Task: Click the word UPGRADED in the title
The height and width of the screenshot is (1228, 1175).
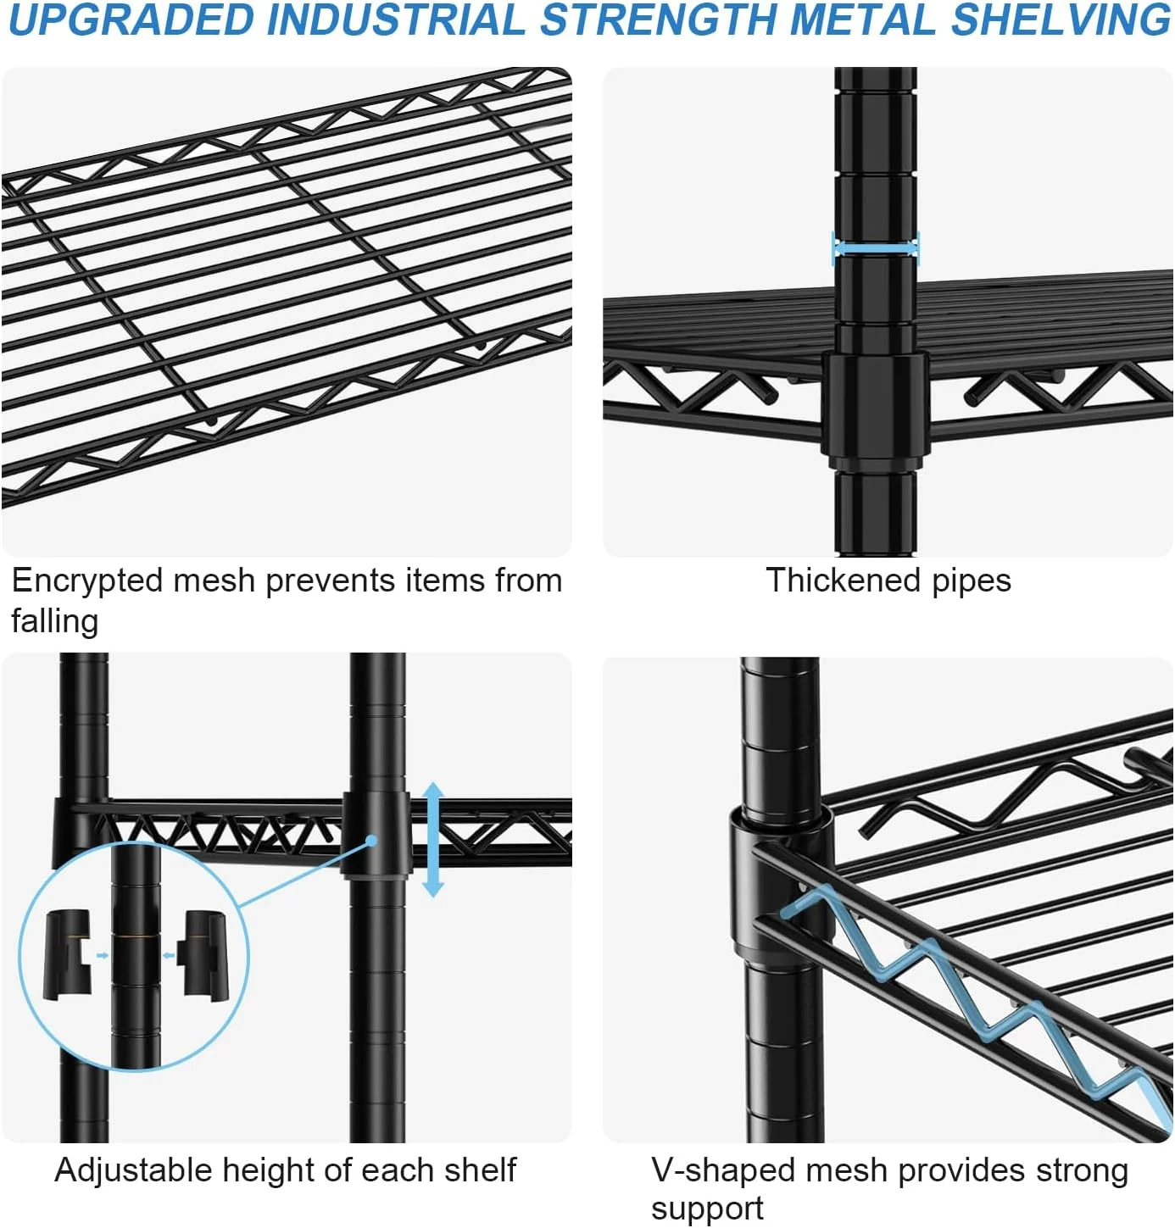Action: [x=132, y=20]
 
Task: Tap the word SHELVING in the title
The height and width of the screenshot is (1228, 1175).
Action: [x=1060, y=20]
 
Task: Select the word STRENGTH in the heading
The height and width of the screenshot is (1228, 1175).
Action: [x=659, y=20]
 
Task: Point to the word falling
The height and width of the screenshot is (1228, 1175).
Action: [x=55, y=621]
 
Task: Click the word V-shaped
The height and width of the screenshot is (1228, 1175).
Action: [x=723, y=1171]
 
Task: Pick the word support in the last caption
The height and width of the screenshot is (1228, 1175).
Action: [x=707, y=1210]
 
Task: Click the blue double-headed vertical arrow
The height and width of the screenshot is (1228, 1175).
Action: [x=432, y=839]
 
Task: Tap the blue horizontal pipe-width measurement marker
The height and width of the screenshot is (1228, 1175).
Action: [x=875, y=249]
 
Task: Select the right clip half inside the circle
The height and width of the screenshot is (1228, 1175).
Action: [x=201, y=953]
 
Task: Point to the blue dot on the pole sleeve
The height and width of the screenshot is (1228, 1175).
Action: [x=371, y=841]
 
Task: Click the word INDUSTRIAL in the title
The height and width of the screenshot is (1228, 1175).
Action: [x=397, y=20]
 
